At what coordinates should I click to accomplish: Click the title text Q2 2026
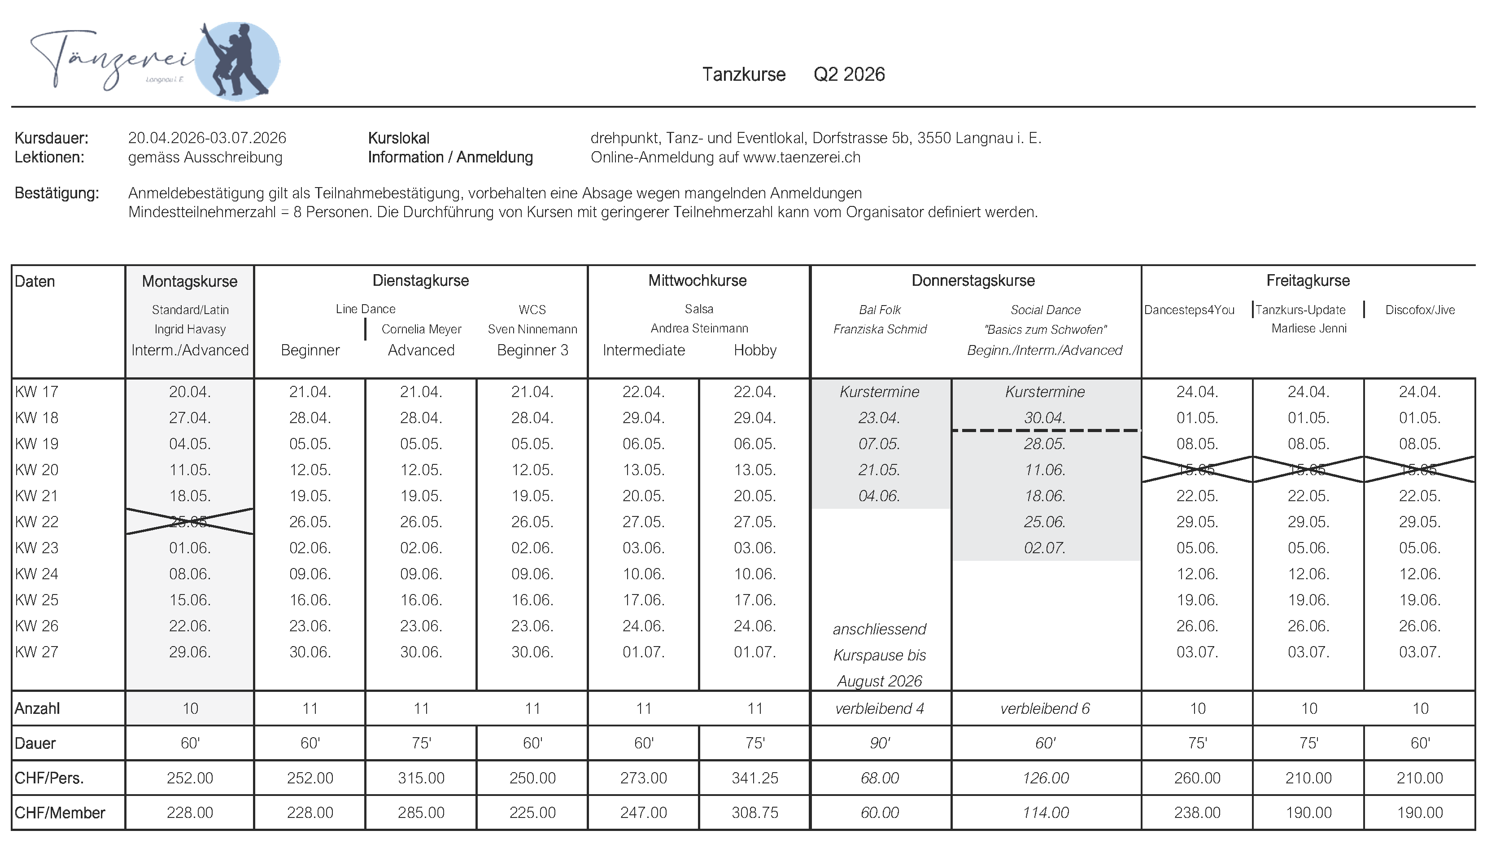click(849, 74)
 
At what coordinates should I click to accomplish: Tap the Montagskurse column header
click(190, 281)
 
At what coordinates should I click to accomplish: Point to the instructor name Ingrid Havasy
click(190, 329)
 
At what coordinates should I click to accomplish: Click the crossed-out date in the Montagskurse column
click(190, 521)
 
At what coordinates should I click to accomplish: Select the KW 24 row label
click(37, 574)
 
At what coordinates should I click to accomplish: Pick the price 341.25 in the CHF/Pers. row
click(754, 778)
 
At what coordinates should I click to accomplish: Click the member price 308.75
click(754, 813)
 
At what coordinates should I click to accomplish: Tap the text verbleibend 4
click(879, 708)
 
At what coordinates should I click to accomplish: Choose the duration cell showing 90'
click(879, 743)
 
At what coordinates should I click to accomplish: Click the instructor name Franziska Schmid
click(879, 329)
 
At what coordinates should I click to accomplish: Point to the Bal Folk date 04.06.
click(879, 496)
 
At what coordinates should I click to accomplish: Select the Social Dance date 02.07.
click(1045, 547)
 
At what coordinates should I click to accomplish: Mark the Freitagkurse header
click(1308, 281)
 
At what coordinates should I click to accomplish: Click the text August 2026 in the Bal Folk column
click(879, 681)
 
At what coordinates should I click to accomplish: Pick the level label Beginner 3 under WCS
click(532, 350)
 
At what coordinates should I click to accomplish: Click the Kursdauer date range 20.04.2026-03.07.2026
click(207, 138)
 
